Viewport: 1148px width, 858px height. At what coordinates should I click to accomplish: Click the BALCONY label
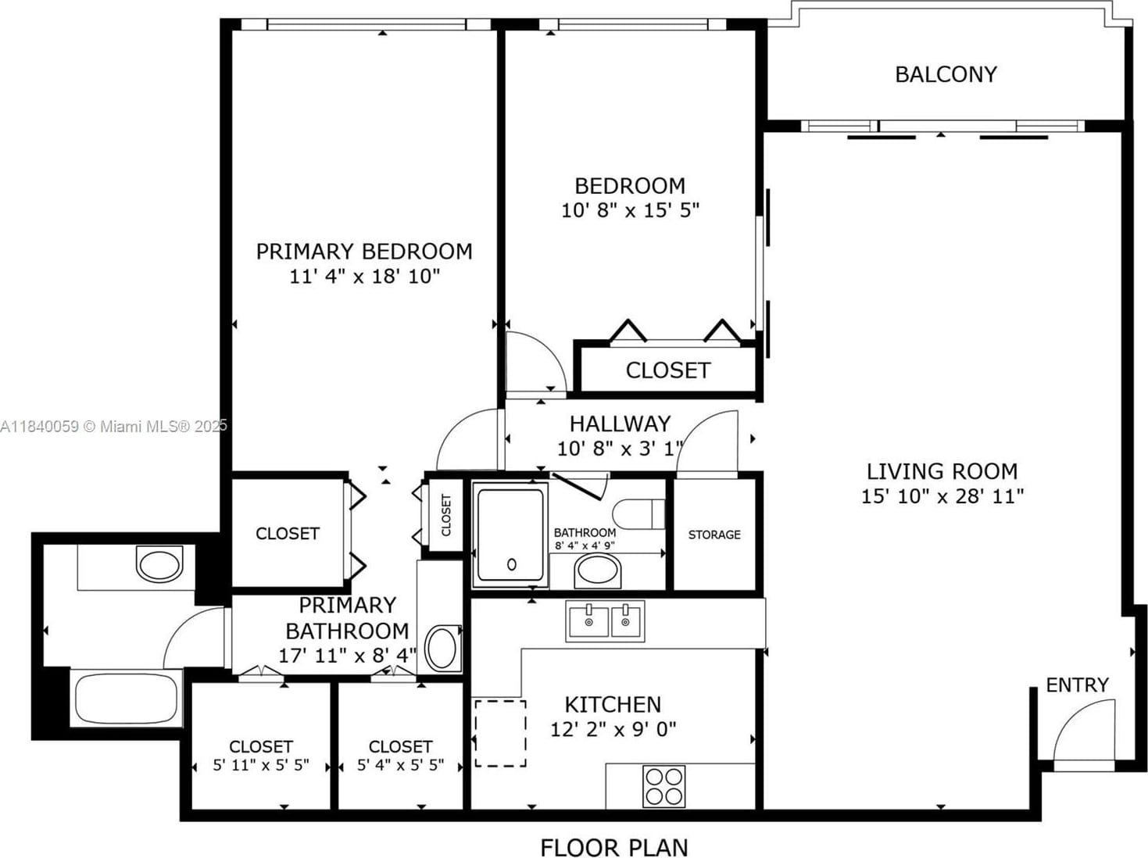(946, 75)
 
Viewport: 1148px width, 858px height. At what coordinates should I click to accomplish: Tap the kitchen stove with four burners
(664, 786)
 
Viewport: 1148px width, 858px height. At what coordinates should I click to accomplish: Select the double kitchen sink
(605, 621)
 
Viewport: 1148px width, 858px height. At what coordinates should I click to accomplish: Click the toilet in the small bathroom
(638, 514)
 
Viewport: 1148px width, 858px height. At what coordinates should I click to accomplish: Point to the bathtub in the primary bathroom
(126, 698)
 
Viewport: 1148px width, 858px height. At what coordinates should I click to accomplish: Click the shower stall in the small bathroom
(510, 534)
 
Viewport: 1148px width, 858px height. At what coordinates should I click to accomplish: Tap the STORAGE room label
(714, 534)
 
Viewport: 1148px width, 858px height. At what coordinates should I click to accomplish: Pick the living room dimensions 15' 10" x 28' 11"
(942, 495)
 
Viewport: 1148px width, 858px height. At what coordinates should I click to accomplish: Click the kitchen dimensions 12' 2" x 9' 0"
(613, 729)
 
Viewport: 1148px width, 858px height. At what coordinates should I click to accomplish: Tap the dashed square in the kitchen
(500, 734)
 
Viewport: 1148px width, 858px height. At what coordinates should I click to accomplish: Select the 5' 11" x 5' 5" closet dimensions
(261, 765)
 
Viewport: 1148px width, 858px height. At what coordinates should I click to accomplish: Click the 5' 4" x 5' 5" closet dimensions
(401, 765)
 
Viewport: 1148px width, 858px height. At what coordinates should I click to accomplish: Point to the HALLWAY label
(620, 424)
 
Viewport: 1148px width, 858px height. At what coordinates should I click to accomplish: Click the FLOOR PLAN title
(614, 847)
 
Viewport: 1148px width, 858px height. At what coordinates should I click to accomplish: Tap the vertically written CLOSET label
(446, 515)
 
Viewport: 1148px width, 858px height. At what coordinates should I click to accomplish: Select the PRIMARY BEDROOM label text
(364, 252)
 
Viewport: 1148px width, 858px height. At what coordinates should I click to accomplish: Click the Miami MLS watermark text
(113, 426)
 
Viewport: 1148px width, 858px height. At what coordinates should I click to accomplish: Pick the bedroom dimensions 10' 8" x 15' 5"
(630, 210)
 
